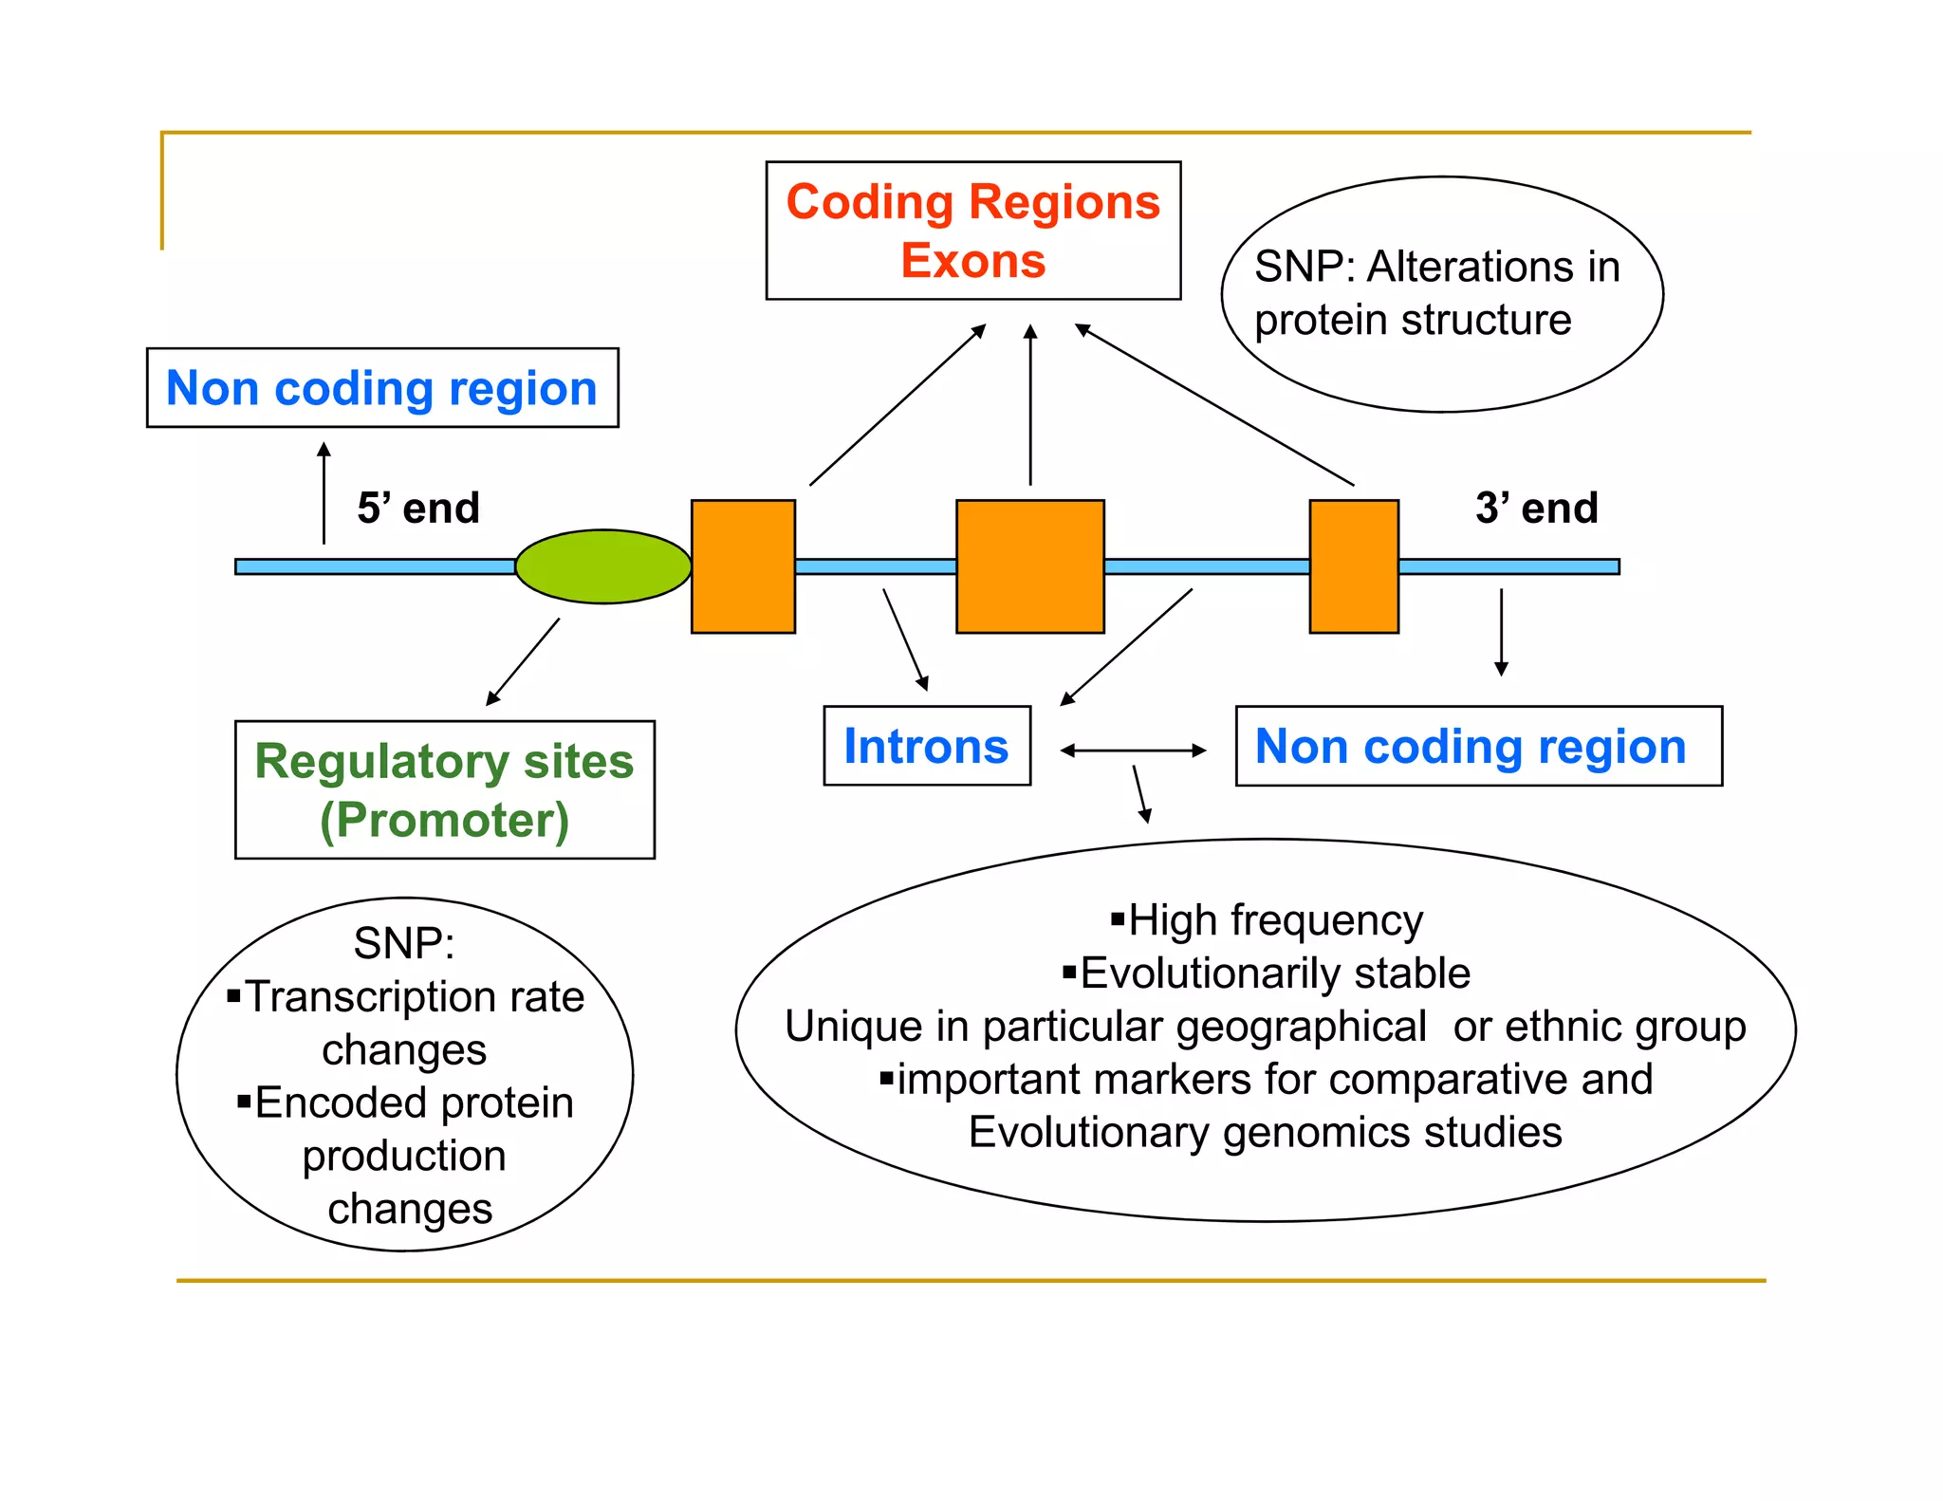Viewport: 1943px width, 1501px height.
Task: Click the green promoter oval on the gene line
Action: coord(602,566)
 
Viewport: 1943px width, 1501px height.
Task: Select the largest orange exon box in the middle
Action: coord(1029,566)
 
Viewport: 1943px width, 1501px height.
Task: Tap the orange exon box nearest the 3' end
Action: coord(1353,566)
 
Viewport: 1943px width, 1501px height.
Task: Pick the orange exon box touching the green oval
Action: coord(743,566)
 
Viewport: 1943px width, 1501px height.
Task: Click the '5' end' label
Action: coord(418,509)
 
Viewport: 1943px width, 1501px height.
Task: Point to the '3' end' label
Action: coord(1536,509)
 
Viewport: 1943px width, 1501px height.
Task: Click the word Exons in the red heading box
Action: coord(972,261)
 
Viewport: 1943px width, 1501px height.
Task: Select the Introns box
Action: coord(926,746)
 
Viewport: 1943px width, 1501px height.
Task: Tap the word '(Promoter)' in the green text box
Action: coord(444,820)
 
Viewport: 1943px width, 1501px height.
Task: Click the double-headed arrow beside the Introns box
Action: coord(1133,750)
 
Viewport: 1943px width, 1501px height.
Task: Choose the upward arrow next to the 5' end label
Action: coord(324,493)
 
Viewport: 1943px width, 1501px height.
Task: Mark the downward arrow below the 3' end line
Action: coord(1501,631)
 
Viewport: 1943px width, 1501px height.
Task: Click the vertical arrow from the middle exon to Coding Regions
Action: coord(1030,405)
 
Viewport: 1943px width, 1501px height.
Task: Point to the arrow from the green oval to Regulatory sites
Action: coord(523,662)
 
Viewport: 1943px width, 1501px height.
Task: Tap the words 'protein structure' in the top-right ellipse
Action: coord(1412,321)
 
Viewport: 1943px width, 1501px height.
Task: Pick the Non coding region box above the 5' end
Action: coord(382,388)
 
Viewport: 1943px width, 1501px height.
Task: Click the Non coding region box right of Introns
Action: coord(1477,746)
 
